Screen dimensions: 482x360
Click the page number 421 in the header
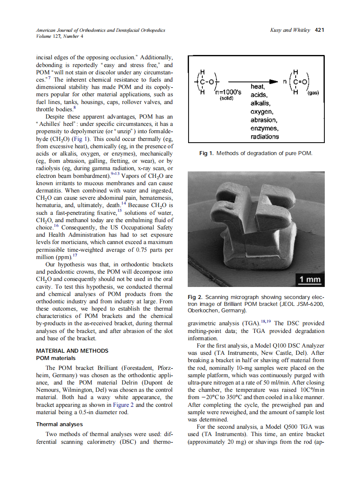pos(320,30)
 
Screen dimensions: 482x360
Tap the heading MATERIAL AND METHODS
pos(72,351)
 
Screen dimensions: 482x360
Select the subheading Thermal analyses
pos(59,424)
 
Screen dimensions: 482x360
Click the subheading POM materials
pos(55,358)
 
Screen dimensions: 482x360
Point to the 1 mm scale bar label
pos(310,280)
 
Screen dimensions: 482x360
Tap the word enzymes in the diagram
pos(264,128)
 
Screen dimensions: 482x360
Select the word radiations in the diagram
pos(265,137)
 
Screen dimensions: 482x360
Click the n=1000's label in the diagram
pos(229,92)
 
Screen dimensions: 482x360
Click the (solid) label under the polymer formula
pos(226,98)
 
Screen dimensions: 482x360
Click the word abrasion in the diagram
pos(264,120)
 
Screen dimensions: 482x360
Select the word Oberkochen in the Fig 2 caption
pos(204,310)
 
